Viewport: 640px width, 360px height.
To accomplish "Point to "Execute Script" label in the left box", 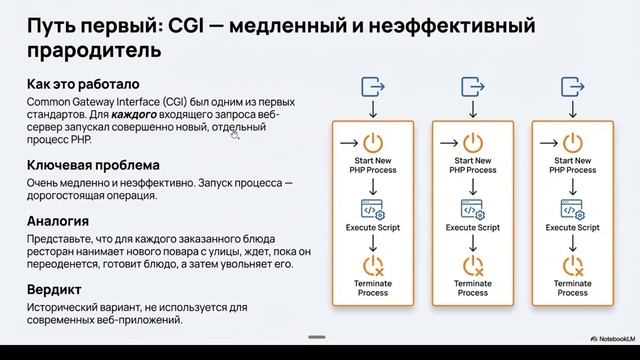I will point(374,227).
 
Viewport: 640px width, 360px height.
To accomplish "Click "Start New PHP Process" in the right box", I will point(572,165).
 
